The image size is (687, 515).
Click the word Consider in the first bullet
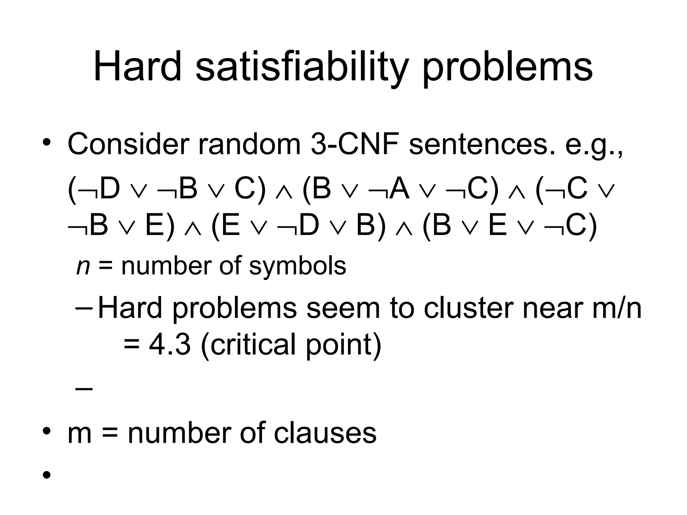128,144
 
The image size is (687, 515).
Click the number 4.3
170,345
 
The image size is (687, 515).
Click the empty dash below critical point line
84,389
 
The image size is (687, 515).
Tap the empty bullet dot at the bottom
47,475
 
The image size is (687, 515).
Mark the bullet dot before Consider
47,142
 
